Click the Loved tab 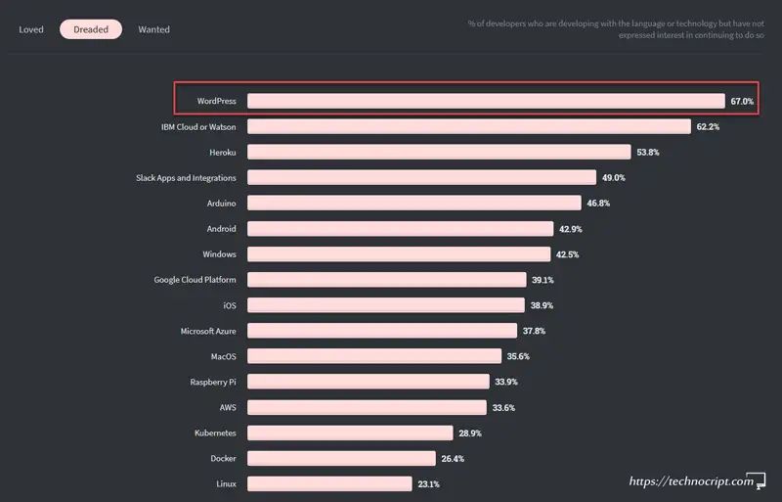31,29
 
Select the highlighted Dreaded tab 91,29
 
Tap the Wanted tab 153,29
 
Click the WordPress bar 485,101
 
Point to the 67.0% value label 741,101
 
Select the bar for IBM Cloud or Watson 469,126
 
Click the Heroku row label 222,152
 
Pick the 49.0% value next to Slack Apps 613,177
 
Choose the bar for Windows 399,253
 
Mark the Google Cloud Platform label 195,279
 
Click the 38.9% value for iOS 541,305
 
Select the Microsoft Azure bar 382,331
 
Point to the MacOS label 223,356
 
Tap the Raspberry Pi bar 369,382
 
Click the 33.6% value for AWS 502,407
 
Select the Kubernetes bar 350,433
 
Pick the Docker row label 223,458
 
